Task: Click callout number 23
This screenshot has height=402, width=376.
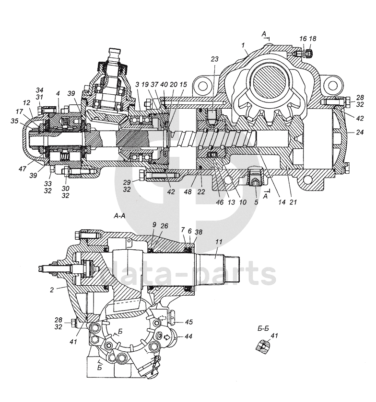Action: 214,59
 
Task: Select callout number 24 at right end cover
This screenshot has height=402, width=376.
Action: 360,132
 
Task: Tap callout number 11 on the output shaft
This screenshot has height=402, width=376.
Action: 219,242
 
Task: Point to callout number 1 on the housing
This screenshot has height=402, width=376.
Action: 243,45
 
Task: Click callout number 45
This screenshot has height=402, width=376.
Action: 189,322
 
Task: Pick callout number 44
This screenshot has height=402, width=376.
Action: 188,336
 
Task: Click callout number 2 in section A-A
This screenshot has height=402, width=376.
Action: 52,290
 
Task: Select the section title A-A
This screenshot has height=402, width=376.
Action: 119,216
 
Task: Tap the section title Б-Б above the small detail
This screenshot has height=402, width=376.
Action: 263,329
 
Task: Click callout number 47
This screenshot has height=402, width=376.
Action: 23,168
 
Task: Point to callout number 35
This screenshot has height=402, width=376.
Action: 15,121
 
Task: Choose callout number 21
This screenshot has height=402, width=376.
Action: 293,202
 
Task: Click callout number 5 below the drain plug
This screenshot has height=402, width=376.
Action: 256,202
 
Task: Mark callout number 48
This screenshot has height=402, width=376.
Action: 188,191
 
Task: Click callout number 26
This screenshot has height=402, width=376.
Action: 164,226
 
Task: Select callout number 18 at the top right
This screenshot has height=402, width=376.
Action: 313,39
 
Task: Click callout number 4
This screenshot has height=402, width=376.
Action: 58,94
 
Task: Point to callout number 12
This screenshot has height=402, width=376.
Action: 26,103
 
